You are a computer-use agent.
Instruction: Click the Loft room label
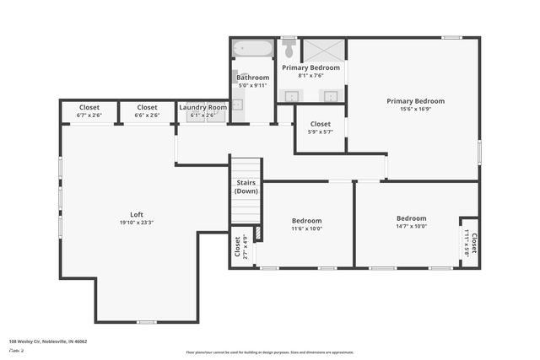coord(136,214)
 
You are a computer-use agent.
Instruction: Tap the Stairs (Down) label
coord(246,186)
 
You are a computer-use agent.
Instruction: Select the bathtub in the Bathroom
coord(252,48)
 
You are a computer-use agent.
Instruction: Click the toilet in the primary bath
coord(289,48)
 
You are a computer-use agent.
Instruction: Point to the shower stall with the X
coord(324,50)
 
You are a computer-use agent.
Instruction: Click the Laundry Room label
coord(202,108)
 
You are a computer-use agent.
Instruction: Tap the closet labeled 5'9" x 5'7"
coord(320,127)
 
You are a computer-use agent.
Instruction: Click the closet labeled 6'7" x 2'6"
coord(89,110)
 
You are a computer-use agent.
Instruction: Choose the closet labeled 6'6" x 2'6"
coord(147,110)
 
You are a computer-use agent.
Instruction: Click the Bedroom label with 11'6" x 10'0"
coord(307,218)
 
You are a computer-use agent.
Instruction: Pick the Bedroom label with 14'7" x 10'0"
coord(411,218)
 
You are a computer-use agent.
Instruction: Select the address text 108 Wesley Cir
coord(48,341)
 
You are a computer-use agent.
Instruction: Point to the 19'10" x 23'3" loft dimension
coord(136,223)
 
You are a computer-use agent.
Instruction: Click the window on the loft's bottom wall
coord(147,321)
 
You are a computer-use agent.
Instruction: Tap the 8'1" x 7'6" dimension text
coord(310,75)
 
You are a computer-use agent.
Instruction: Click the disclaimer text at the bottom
coord(270,352)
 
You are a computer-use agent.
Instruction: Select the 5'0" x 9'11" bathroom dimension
coord(252,85)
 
